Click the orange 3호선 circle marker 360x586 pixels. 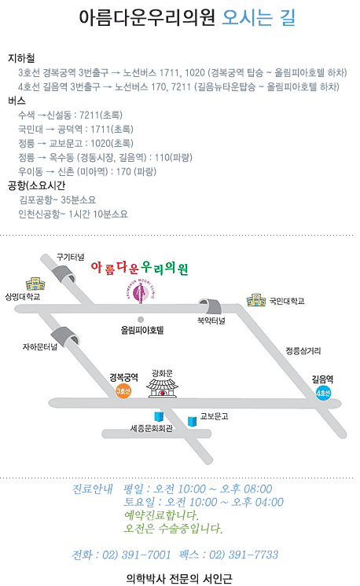coord(123,391)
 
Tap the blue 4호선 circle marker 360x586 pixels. coord(323,393)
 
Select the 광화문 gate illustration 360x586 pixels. coord(162,388)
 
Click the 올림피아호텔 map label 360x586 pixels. coord(142,330)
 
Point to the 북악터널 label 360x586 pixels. coord(211,320)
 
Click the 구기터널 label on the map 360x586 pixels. coord(70,257)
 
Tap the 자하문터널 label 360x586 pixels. coord(40,347)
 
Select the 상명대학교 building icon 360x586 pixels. coord(35,284)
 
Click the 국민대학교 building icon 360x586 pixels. coord(256,300)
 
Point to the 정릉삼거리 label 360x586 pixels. coord(303,350)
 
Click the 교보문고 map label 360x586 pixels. coord(214,416)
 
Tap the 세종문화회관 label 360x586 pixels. coord(152,428)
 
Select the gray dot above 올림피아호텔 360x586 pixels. coord(141,320)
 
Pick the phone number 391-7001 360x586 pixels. coord(146,555)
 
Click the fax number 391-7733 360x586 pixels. coord(253,555)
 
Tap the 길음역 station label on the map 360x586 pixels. coord(322,379)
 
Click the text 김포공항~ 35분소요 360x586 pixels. coord(57,200)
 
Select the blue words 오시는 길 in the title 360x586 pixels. coord(259,17)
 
